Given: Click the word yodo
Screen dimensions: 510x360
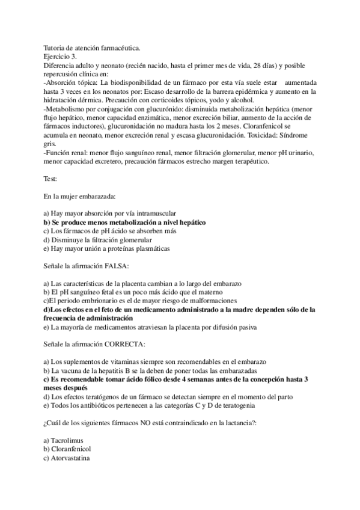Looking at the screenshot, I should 233,100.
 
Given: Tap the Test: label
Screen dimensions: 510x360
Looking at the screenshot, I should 52,179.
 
